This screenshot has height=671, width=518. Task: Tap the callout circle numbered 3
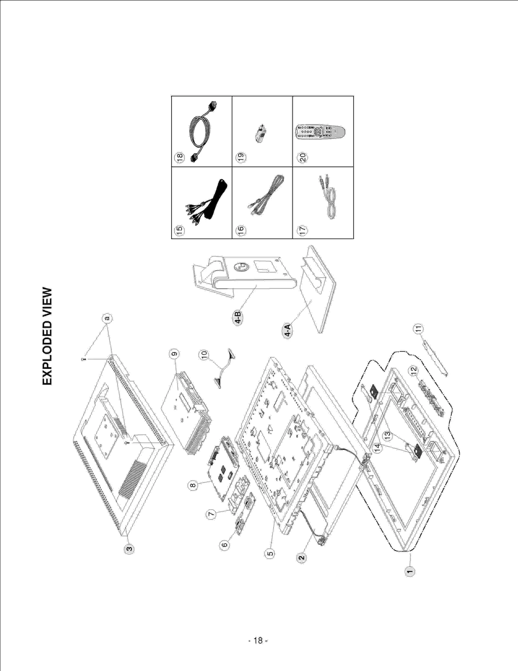[x=129, y=549]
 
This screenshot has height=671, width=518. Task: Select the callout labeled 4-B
[x=238, y=318]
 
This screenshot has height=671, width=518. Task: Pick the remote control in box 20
[x=320, y=132]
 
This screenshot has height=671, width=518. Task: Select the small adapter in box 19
[x=261, y=133]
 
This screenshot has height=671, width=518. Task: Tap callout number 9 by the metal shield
[x=174, y=354]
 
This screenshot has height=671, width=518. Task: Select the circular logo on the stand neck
[x=241, y=267]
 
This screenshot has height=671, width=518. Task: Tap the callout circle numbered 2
[x=301, y=558]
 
